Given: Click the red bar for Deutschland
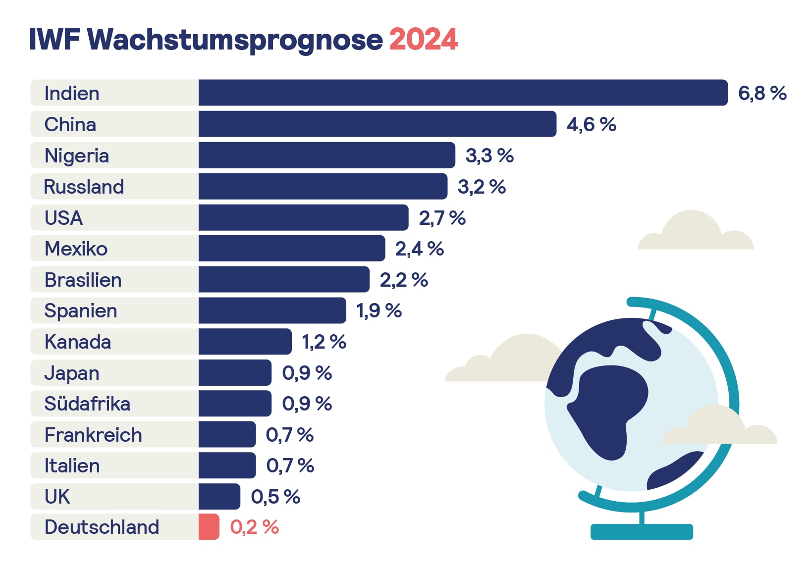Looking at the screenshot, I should click(x=209, y=527).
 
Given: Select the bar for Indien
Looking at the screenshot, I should click(x=463, y=93).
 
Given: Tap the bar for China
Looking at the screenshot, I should click(x=377, y=124).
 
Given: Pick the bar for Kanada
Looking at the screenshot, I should click(x=245, y=342).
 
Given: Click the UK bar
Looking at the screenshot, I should click(x=219, y=497).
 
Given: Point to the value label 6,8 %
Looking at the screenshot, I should click(x=762, y=93).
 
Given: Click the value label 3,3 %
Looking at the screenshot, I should click(x=489, y=155).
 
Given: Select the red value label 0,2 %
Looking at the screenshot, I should click(x=255, y=527).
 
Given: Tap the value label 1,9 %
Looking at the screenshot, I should click(x=379, y=311).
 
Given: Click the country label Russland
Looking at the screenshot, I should click(x=84, y=187).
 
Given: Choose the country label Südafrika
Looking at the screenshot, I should click(x=87, y=404).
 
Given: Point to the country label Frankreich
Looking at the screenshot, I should click(x=93, y=435).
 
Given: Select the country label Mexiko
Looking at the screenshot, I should click(x=76, y=249).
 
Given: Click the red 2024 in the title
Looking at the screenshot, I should click(x=424, y=40).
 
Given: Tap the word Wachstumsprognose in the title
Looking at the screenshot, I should click(x=235, y=40).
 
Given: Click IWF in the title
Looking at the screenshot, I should click(x=54, y=39).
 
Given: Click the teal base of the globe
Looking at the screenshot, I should click(x=642, y=532).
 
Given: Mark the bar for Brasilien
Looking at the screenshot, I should click(x=284, y=280).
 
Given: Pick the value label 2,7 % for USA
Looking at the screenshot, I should click(x=442, y=218).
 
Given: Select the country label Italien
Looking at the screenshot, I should click(x=72, y=466).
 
